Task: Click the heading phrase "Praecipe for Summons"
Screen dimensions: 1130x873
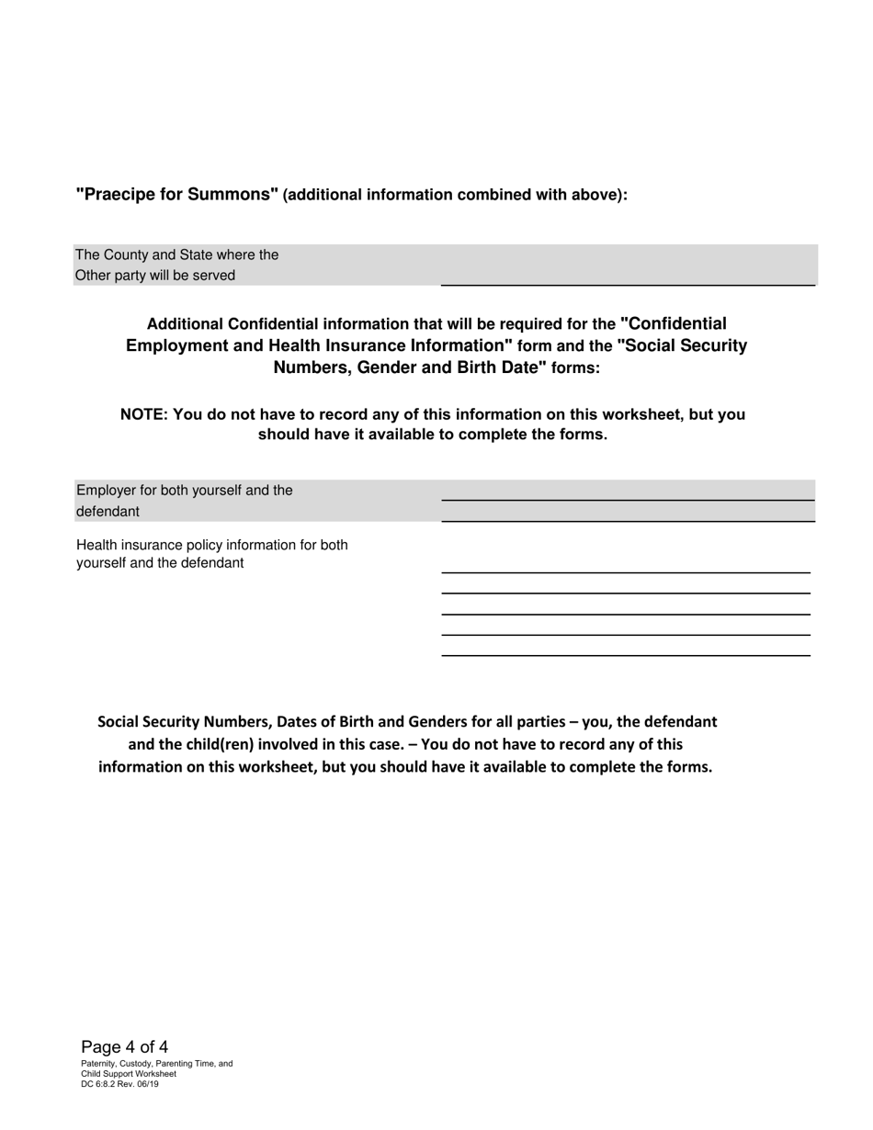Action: [x=176, y=195]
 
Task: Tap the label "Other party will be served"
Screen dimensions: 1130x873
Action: [x=155, y=276]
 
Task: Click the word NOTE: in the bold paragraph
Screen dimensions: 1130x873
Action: [x=143, y=414]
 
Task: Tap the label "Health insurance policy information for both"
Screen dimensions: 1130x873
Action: [x=212, y=545]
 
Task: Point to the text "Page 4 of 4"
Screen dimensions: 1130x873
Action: [x=124, y=1047]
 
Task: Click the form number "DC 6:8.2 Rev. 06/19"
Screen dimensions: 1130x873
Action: [x=119, y=1084]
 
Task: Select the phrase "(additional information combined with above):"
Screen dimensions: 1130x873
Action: [x=455, y=196]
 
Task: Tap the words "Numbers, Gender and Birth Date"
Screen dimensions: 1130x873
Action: [x=410, y=367]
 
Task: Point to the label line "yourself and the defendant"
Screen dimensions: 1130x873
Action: [x=160, y=563]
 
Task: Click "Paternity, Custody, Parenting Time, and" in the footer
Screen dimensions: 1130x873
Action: [x=156, y=1064]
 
